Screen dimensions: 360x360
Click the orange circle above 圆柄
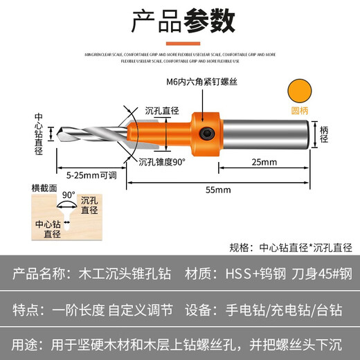(300, 90)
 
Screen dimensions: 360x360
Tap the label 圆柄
(300, 110)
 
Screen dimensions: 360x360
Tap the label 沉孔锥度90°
(161, 162)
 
